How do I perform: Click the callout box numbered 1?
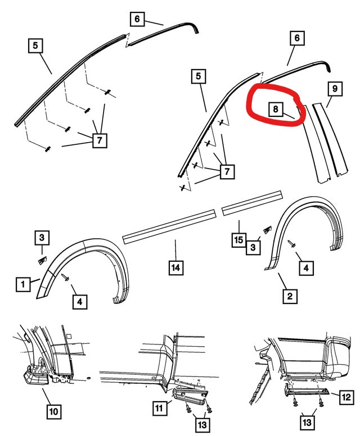[x=23, y=284]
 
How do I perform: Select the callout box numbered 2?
[x=290, y=296]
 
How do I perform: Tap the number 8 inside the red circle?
[x=276, y=109]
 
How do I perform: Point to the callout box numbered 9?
[x=335, y=88]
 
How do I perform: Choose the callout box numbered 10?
[x=54, y=411]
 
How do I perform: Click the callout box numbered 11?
[x=159, y=408]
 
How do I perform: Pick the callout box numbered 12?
[x=346, y=397]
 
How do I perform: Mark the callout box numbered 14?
[x=176, y=268]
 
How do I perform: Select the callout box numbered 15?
[x=239, y=240]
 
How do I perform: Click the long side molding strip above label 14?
[x=169, y=226]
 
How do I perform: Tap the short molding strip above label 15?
[x=252, y=203]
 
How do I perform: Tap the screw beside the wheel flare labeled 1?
[x=65, y=278]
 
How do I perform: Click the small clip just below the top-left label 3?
[x=42, y=261]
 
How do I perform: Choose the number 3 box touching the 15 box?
[x=253, y=247]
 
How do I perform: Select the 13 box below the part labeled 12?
[x=307, y=422]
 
